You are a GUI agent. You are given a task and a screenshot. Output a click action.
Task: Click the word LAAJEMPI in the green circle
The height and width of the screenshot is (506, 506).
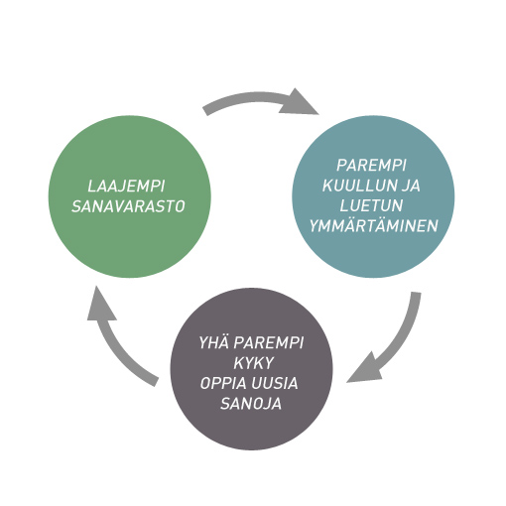[126, 187]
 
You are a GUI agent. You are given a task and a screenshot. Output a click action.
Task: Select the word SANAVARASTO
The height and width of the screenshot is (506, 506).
[128, 206]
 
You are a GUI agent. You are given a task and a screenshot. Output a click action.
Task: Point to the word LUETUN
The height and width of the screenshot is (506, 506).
[371, 205]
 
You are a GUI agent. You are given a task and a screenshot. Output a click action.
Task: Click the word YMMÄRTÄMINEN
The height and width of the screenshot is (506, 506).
[374, 225]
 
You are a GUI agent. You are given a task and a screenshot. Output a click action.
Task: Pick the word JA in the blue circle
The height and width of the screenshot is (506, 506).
[411, 186]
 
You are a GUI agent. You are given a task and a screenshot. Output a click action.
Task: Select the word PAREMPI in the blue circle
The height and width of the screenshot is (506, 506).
[371, 165]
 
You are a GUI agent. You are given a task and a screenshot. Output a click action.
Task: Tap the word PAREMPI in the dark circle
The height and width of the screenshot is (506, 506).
[269, 342]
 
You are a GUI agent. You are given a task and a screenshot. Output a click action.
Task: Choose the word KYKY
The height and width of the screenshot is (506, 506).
[254, 363]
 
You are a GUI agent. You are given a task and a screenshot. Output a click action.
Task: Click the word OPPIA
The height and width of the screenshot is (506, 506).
[223, 383]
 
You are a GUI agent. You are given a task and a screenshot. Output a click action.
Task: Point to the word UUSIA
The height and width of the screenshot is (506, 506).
[275, 383]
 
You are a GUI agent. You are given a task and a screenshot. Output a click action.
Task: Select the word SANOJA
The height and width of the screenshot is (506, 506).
[251, 403]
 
